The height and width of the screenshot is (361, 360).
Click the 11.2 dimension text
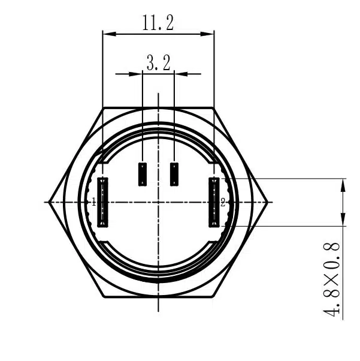click(158, 23)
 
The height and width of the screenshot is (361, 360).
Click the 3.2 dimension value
click(159, 63)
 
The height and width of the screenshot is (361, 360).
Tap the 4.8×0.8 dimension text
click(331, 279)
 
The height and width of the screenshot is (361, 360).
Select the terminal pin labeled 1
click(102, 202)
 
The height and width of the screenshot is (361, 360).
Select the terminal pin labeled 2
click(214, 202)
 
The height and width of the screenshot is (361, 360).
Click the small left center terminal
click(143, 174)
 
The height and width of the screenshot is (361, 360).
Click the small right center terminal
click(174, 174)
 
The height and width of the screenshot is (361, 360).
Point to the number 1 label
click(93, 203)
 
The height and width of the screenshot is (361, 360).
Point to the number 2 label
click(223, 203)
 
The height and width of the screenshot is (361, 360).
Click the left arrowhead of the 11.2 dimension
click(109, 34)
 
